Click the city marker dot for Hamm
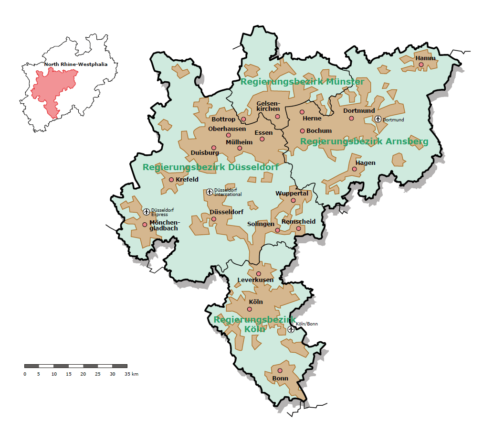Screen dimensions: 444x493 (421, 65)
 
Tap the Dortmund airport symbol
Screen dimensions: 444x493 (378, 119)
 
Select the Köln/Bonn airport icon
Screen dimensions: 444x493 (291, 329)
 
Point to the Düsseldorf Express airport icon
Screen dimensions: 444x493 (147, 212)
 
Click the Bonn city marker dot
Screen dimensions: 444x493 (280, 370)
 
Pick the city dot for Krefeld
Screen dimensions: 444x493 (171, 180)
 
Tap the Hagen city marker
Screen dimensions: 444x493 (354, 169)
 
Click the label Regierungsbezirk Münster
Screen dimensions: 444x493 (302, 82)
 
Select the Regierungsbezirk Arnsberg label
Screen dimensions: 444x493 (364, 141)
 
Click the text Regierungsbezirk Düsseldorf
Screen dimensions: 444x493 (210, 167)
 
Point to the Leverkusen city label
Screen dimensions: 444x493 (256, 280)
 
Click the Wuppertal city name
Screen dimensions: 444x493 (292, 194)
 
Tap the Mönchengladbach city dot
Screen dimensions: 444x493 (145, 225)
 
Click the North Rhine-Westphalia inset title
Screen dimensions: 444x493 (76, 64)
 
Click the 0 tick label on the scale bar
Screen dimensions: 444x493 (25, 374)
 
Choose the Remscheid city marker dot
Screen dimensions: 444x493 (299, 228)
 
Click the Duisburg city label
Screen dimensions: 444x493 (205, 153)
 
